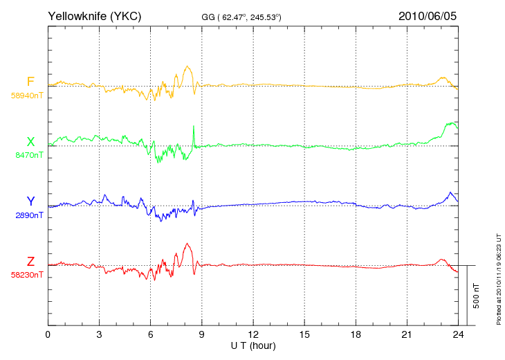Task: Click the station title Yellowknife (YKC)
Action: click(x=94, y=16)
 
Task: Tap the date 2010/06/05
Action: click(x=428, y=16)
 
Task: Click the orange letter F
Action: click(x=30, y=82)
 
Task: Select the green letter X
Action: click(x=30, y=142)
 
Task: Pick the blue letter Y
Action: click(x=30, y=201)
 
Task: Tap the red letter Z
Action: click(x=30, y=262)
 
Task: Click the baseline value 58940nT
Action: click(x=27, y=96)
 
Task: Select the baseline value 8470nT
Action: click(x=29, y=155)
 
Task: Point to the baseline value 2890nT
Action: click(x=29, y=215)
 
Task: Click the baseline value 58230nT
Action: click(x=27, y=275)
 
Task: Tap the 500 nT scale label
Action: click(x=477, y=296)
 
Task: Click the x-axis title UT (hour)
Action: click(x=253, y=346)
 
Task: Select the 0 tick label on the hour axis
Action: click(x=48, y=334)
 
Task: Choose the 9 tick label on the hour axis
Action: click(x=201, y=334)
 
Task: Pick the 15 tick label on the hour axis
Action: click(x=304, y=334)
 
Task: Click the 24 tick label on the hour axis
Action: click(x=458, y=334)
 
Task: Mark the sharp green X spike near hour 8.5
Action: click(x=194, y=126)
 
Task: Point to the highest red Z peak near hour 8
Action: click(x=187, y=244)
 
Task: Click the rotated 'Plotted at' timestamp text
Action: click(x=499, y=279)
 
